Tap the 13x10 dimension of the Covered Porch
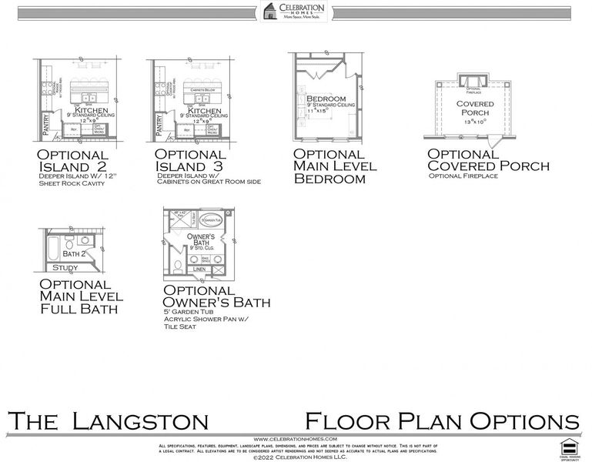pyautogui.click(x=475, y=122)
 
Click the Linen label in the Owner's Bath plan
pyautogui.click(x=199, y=269)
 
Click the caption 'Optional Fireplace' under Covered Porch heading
pyautogui.click(x=463, y=176)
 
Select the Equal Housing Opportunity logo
pyautogui.click(x=569, y=447)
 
